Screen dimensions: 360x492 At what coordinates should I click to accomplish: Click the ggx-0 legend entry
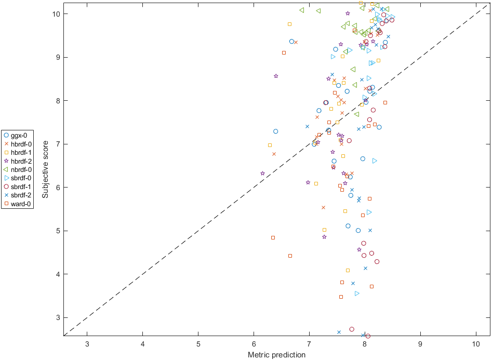(x=18, y=136)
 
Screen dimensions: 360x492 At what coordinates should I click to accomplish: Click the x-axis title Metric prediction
(x=276, y=355)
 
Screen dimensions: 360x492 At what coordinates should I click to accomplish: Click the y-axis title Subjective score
(x=46, y=169)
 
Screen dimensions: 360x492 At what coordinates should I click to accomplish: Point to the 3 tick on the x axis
(x=87, y=344)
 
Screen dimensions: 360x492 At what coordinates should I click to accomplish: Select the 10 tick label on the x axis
(x=476, y=344)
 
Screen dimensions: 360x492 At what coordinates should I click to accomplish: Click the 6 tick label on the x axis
(x=254, y=344)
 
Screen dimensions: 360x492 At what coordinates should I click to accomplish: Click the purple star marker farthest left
(x=262, y=174)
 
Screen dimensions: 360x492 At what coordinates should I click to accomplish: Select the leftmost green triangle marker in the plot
(x=302, y=10)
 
